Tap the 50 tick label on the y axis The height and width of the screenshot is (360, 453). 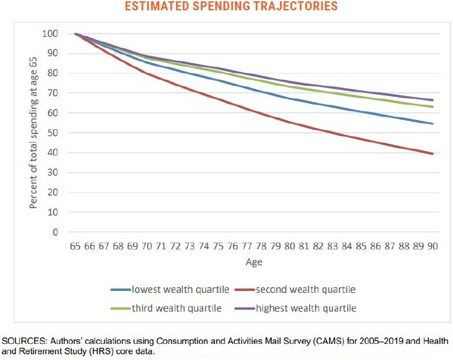52,133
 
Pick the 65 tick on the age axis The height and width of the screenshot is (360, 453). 76,246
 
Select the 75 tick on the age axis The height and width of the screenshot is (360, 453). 218,246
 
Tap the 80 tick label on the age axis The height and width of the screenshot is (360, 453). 289,246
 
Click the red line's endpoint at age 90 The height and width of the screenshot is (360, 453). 432,154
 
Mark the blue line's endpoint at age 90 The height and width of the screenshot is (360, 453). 432,124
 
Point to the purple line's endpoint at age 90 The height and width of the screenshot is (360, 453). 432,100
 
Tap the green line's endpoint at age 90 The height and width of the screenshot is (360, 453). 432,107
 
